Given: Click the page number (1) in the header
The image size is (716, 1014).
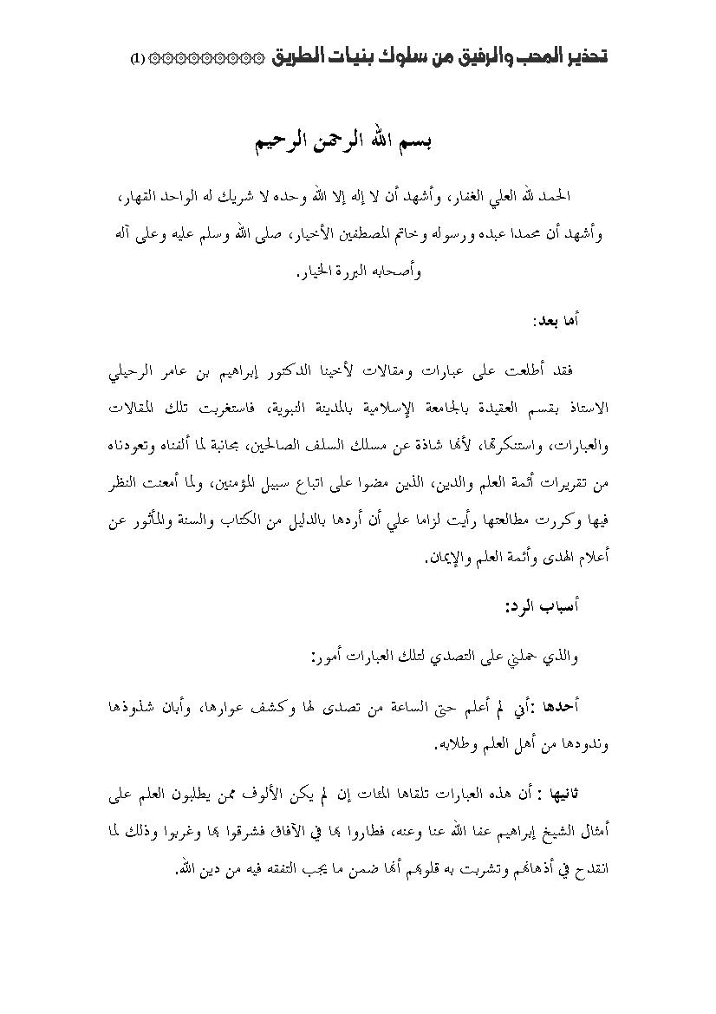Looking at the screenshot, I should click(x=138, y=58).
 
